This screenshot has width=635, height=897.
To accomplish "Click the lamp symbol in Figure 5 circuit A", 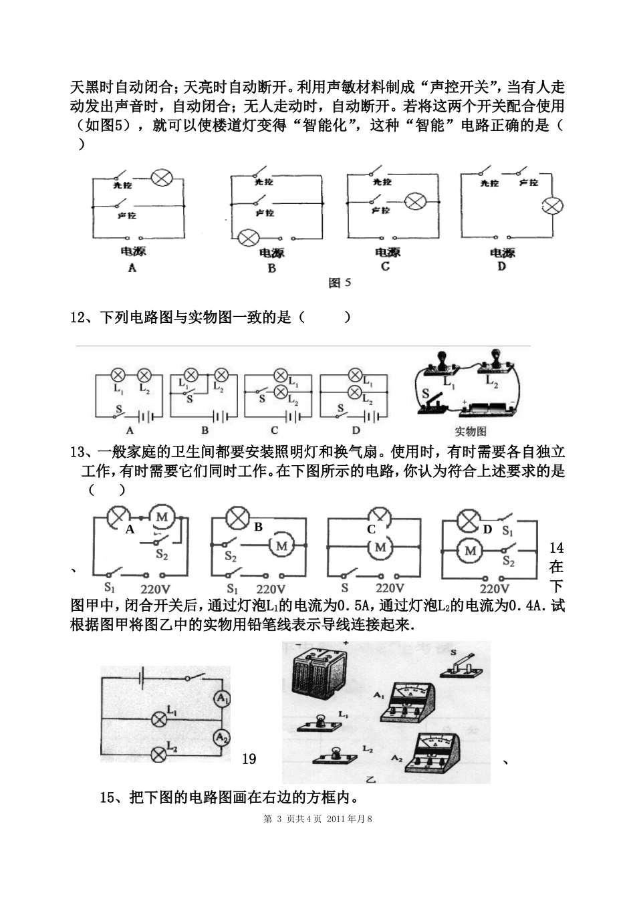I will [162, 178].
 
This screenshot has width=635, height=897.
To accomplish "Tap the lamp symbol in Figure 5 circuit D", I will [551, 206].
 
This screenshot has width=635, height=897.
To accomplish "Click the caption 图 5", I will [340, 283].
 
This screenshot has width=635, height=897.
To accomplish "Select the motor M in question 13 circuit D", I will [471, 551].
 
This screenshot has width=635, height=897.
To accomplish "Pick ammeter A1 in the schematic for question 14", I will [221, 698].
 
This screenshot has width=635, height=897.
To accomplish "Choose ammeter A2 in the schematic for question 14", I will [221, 737].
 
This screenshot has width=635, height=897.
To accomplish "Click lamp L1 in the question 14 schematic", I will [159, 719].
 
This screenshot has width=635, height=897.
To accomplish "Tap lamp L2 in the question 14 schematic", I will [159, 754].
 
